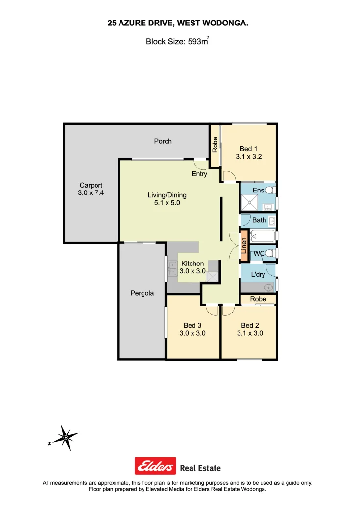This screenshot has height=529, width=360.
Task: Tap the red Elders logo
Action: point(155,466)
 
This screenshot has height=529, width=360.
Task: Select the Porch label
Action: point(163,141)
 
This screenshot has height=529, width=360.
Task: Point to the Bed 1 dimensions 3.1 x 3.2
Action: point(249,157)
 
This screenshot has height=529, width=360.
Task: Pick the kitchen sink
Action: point(171,267)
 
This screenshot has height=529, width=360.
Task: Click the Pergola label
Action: point(142,293)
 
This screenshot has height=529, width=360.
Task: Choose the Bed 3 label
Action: point(192,325)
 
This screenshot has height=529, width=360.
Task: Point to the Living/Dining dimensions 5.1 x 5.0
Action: point(167,203)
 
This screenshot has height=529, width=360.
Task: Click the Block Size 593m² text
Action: point(177,42)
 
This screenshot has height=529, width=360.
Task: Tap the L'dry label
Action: point(258,274)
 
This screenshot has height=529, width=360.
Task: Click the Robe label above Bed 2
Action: point(258,299)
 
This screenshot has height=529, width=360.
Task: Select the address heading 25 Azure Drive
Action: point(178,23)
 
